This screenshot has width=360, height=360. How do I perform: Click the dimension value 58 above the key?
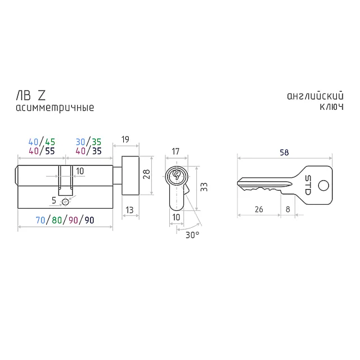coord(284,152)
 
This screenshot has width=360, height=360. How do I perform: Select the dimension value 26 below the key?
coord(259,209)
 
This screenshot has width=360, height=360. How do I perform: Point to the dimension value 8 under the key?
coord(288,209)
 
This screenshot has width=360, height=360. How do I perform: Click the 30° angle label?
coord(192,235)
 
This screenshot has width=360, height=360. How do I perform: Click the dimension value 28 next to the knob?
coord(146,175)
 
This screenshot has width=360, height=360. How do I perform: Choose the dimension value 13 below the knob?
coord(129,210)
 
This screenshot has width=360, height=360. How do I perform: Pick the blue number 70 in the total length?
coord(40,220)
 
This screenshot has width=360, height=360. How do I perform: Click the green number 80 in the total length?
coord(56,220)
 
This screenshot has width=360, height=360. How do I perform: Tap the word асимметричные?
coord(55,107)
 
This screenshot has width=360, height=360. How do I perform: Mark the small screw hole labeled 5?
coord(66,201)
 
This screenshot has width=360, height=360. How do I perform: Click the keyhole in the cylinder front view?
coord(175,177)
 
